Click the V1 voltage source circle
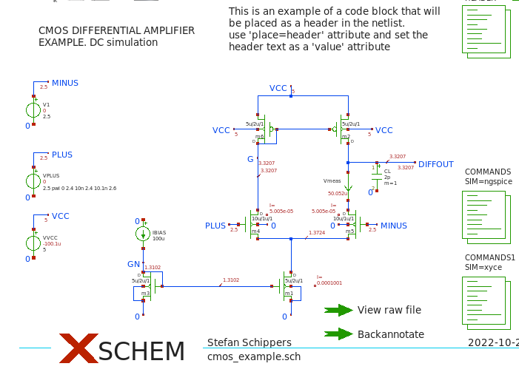point(33,111)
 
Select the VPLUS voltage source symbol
point(33,181)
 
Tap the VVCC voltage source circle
point(33,243)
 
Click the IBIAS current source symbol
point(143,234)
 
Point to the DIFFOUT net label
point(435,164)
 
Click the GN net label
point(133,264)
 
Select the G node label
point(250,159)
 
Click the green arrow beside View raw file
point(338,310)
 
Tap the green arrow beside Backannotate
point(338,334)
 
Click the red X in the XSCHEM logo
point(78,348)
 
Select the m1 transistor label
point(289,294)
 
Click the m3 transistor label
point(146,294)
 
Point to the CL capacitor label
point(386,171)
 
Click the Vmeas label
point(332,180)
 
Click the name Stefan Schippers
point(249,342)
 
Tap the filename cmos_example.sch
point(254,356)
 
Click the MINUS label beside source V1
point(65,83)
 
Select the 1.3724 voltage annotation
point(316,233)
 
